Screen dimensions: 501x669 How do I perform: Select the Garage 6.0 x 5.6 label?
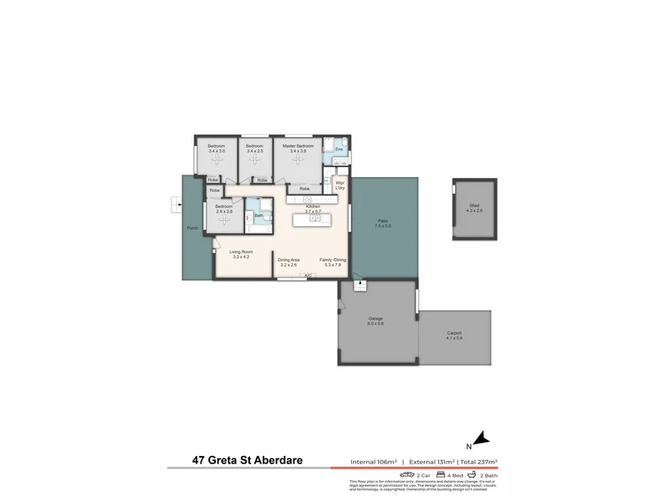click(376, 321)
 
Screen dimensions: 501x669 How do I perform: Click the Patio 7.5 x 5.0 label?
click(382, 223)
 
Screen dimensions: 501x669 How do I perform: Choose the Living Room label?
click(241, 254)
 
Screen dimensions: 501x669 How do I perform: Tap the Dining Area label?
click(289, 261)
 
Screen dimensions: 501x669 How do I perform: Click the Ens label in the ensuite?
click(338, 149)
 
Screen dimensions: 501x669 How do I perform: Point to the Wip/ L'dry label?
click(340, 185)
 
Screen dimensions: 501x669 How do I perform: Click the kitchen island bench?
click(313, 220)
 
